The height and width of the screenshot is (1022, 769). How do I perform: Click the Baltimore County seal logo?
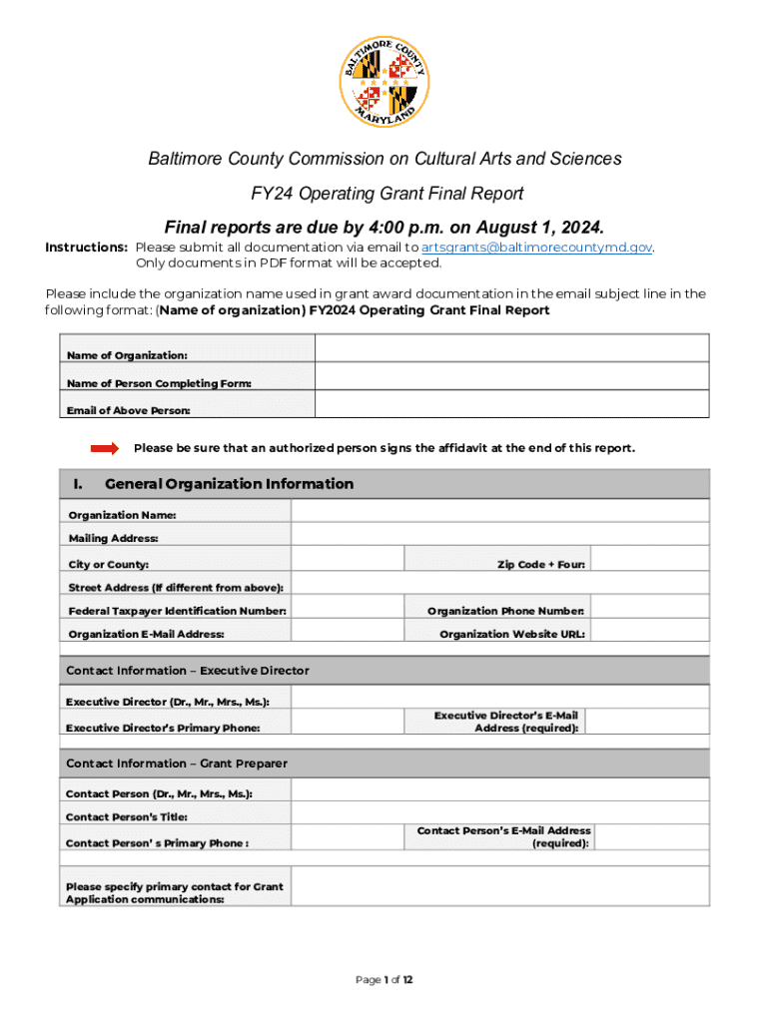384,85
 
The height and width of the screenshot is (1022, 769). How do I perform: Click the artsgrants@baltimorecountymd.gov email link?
537,248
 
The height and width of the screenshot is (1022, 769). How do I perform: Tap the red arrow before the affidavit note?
105,448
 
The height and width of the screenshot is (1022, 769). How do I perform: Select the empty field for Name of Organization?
511,348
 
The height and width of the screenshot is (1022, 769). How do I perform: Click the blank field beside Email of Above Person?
511,404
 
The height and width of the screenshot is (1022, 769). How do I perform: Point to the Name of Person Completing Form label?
159,384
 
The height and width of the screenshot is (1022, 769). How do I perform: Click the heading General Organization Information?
229,484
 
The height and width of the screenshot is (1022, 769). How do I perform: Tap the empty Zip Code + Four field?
650,559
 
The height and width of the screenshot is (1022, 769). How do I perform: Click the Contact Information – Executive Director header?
188,671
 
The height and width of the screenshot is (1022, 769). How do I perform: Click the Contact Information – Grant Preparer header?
177,764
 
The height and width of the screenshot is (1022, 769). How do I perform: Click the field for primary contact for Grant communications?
499,886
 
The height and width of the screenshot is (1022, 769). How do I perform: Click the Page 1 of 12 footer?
384,980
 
